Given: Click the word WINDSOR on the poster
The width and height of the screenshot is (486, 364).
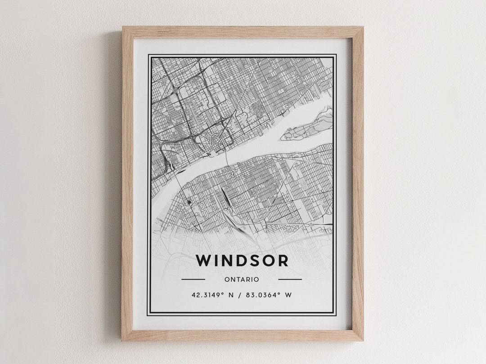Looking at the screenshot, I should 242,261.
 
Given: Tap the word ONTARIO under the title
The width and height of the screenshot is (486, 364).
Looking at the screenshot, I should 242,280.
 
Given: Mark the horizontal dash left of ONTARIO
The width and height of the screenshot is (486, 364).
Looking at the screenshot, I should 193,280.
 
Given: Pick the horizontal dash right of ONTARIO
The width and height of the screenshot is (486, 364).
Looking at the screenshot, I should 290,280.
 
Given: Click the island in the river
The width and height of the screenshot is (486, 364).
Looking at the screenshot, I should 306,126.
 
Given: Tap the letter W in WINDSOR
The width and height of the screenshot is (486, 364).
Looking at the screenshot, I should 203,261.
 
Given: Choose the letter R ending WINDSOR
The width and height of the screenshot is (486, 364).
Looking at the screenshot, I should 283,261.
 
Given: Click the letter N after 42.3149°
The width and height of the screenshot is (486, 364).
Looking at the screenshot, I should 231,295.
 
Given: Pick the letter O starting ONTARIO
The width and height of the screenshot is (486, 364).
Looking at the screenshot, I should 226,280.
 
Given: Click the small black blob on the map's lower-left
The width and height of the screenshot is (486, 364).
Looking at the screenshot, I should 189,203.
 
